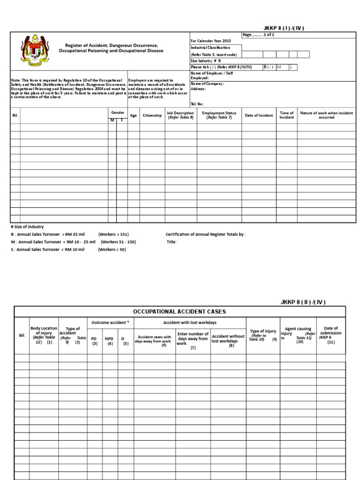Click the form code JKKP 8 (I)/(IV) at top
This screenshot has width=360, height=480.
(x=284, y=28)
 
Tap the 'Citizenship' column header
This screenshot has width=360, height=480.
(x=152, y=115)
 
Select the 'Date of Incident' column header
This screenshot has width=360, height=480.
(x=259, y=115)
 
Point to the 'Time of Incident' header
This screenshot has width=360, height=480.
(x=286, y=115)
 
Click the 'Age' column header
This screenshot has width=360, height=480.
(x=133, y=115)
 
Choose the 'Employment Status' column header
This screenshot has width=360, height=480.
(x=219, y=115)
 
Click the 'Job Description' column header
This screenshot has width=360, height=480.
(x=180, y=115)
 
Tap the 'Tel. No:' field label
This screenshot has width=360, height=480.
(x=197, y=104)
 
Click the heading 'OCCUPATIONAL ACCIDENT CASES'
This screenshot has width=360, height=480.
(x=180, y=311)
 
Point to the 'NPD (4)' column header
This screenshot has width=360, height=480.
(x=109, y=340)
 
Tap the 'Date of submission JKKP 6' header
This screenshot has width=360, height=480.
(x=330, y=335)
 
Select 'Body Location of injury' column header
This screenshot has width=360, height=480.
(x=44, y=335)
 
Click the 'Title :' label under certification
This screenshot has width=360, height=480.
(x=172, y=242)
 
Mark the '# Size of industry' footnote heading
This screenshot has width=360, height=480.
(x=27, y=227)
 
